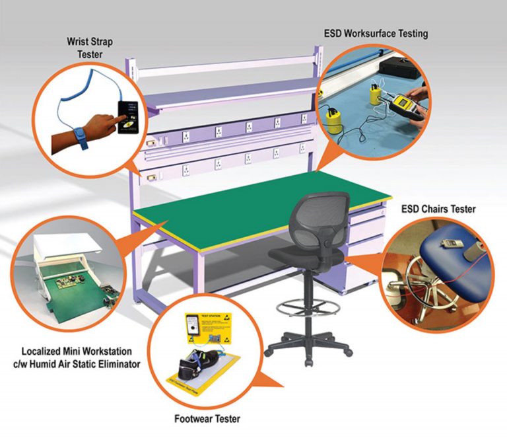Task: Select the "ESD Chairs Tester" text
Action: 438,209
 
